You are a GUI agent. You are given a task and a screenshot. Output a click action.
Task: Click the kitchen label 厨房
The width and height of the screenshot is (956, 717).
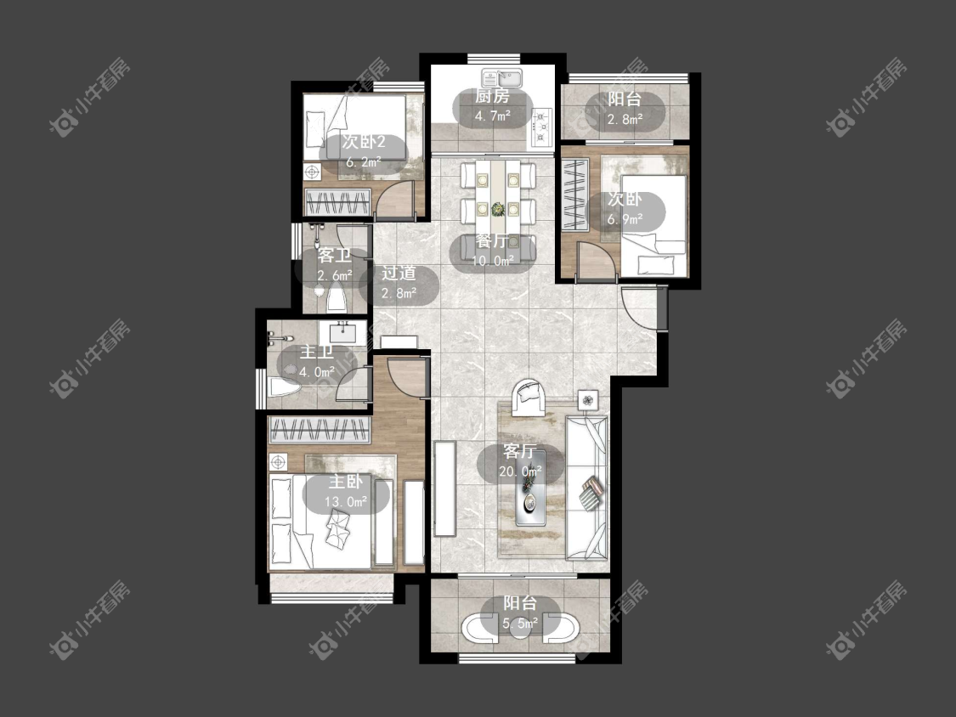[x=491, y=96]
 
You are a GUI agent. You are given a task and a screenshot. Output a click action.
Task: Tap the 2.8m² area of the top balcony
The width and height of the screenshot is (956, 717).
[x=625, y=119]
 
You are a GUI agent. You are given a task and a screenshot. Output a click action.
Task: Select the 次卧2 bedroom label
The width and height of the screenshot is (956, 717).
[x=364, y=143]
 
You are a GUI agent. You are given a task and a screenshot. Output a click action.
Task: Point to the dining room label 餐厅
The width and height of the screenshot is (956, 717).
[x=492, y=241]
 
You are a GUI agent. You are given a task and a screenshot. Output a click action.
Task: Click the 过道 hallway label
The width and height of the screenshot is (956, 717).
[x=399, y=274]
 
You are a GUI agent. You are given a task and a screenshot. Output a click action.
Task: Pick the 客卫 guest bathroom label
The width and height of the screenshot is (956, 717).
[x=334, y=256]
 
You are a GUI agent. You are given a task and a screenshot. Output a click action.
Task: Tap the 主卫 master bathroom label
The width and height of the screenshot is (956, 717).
[x=317, y=352]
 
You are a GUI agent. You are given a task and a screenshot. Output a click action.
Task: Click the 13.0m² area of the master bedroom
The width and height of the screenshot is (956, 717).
[x=346, y=502]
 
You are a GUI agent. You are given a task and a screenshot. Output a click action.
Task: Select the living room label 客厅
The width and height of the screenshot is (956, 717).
[x=519, y=451]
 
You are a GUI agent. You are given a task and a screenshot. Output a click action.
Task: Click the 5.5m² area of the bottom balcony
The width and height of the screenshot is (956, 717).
[x=520, y=623]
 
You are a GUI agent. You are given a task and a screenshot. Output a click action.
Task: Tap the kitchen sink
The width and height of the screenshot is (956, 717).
[x=501, y=78]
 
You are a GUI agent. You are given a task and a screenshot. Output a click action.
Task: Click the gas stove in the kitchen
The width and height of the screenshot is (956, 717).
[x=541, y=127]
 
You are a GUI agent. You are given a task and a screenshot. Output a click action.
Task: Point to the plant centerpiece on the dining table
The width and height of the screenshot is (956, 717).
[x=498, y=210]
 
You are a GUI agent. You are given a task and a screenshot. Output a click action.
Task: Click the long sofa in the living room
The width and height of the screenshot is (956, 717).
[x=586, y=488]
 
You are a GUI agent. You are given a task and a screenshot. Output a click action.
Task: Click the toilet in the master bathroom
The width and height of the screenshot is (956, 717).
[x=284, y=388]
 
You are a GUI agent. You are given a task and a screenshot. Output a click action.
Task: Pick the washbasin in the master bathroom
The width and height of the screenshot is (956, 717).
[x=342, y=333]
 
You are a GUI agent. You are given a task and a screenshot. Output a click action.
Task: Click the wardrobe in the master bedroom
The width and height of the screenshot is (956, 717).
[x=320, y=431]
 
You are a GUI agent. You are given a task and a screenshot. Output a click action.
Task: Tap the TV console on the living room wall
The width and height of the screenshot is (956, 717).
[x=445, y=488]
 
